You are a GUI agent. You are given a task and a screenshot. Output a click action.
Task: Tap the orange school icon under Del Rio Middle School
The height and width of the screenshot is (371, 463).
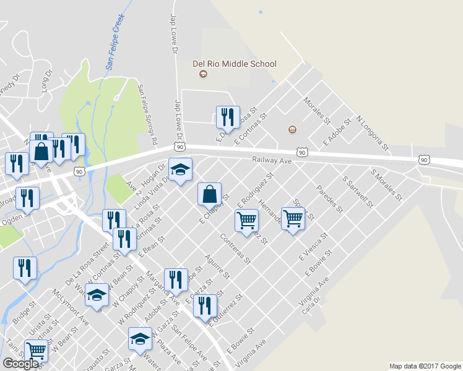pos(202,75)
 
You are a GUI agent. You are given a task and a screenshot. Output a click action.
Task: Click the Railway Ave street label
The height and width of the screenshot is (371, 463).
pos(271,160)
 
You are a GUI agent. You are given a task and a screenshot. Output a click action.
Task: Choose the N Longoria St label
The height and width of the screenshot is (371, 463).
pos(371,133)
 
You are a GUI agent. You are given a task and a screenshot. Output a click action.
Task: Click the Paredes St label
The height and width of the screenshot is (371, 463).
pos(329,199)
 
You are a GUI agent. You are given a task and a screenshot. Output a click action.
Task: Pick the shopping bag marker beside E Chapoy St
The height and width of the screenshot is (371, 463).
pos(209,194)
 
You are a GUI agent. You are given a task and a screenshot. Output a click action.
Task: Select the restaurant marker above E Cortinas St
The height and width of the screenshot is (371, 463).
pos(227,117)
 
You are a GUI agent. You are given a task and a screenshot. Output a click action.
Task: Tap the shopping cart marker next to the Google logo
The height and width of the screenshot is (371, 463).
pos(36,351)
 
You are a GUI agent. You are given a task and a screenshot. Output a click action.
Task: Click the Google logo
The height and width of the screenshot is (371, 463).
pos(21,364)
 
